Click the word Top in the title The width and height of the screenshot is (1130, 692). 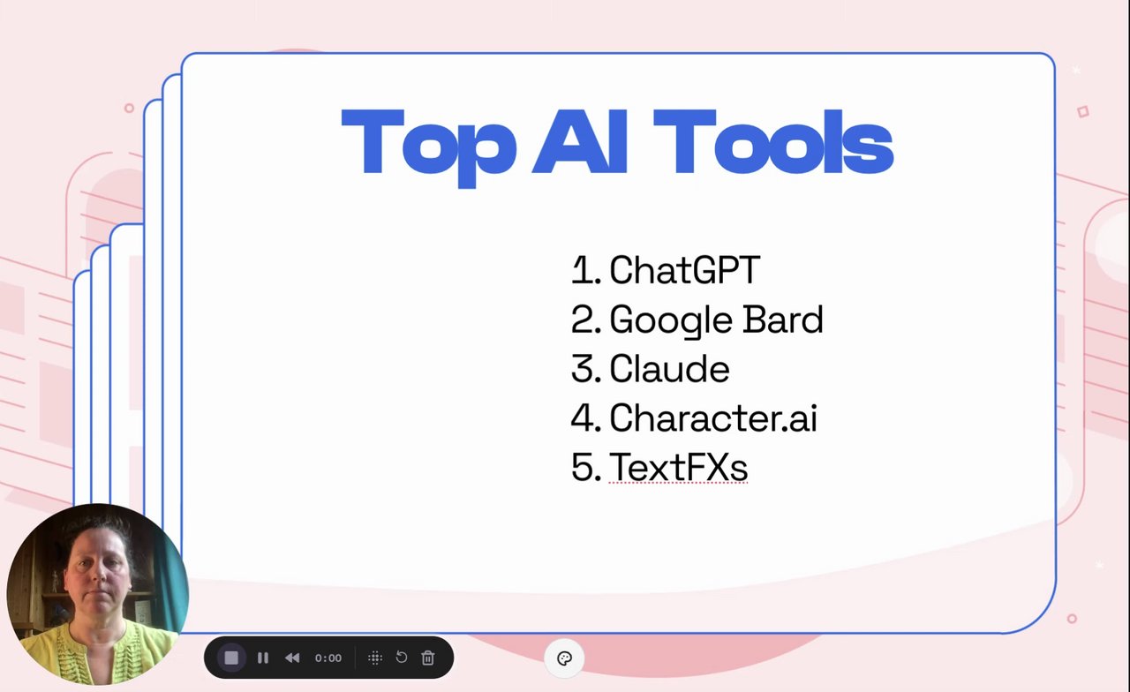pyautogui.click(x=429, y=147)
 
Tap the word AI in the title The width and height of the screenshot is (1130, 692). pyautogui.click(x=580, y=141)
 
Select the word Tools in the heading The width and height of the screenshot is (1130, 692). pyautogui.click(x=773, y=142)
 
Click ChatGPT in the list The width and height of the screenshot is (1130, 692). pyautogui.click(x=684, y=270)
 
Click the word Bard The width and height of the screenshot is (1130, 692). pyautogui.click(x=783, y=320)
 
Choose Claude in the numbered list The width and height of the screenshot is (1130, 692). pyautogui.click(x=669, y=369)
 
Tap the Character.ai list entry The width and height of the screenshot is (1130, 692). pyautogui.click(x=713, y=417)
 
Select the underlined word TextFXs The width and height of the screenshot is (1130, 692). pyautogui.click(x=678, y=467)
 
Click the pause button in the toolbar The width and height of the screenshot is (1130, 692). pyautogui.click(x=263, y=658)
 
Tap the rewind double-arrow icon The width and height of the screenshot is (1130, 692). pyautogui.click(x=292, y=658)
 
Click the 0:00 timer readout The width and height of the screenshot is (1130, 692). pyautogui.click(x=328, y=658)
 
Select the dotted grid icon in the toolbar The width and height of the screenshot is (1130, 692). pyautogui.click(x=375, y=658)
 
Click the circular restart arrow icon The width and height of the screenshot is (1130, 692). pyautogui.click(x=402, y=658)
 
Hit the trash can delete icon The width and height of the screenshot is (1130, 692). pyautogui.click(x=428, y=658)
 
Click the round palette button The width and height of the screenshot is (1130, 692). pyautogui.click(x=564, y=658)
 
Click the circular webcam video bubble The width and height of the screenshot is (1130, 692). pyautogui.click(x=97, y=594)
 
